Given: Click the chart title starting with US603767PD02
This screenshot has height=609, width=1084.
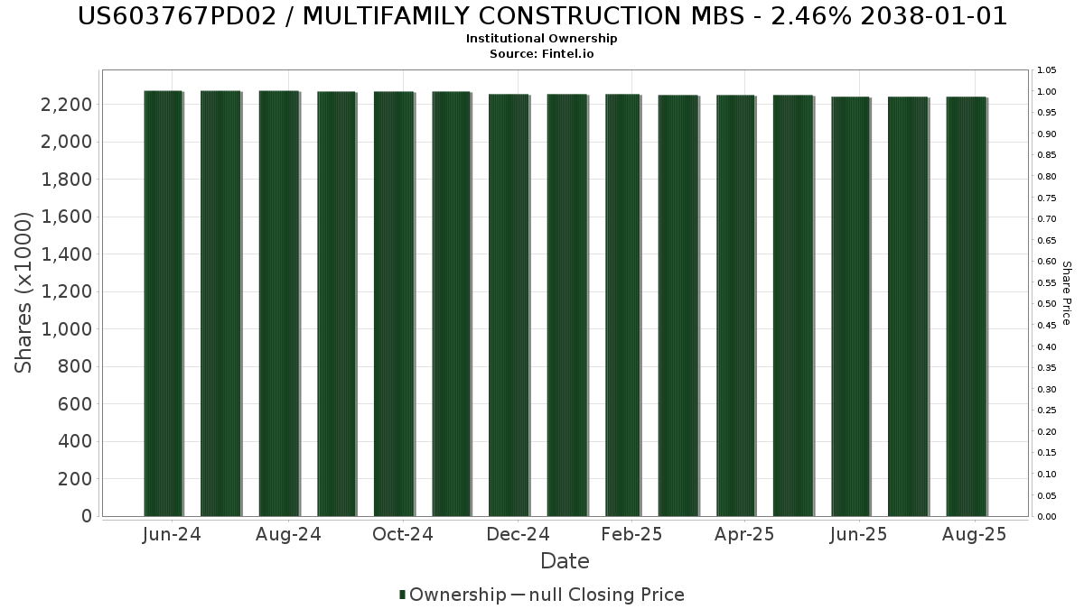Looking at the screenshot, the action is (x=542, y=16).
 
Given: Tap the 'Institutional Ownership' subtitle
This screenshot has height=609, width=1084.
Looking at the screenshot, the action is (x=541, y=39).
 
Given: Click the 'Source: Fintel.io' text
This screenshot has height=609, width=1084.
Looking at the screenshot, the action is (x=541, y=53).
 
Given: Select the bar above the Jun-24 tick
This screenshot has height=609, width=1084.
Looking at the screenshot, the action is (x=164, y=303).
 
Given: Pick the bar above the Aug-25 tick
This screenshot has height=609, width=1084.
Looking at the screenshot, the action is (x=966, y=307).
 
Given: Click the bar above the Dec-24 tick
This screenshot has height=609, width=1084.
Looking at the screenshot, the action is (x=509, y=305).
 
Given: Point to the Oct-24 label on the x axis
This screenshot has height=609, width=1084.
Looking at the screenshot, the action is (x=403, y=534).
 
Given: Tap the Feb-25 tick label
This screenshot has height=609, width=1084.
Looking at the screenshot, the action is (x=631, y=534).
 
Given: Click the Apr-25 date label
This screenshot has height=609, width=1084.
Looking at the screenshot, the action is (x=744, y=534).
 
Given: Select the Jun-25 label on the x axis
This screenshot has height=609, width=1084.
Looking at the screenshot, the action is (x=858, y=534).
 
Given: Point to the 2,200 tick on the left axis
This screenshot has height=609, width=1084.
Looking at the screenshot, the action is (x=66, y=105).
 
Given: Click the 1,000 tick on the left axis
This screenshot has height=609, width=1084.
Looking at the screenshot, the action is (x=66, y=329).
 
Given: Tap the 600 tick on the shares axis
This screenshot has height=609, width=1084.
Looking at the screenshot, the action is (x=74, y=404).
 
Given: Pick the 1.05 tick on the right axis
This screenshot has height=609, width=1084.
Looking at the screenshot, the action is (x=1047, y=70).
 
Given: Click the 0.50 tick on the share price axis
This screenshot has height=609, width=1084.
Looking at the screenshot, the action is (x=1047, y=304).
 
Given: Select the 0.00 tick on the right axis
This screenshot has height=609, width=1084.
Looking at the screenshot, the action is (x=1047, y=517).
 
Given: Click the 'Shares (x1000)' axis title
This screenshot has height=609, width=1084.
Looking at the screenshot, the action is (x=23, y=292).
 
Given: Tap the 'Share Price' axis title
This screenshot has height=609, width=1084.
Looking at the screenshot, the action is (x=1066, y=293).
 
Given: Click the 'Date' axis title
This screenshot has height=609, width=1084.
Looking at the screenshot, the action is (x=565, y=561).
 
